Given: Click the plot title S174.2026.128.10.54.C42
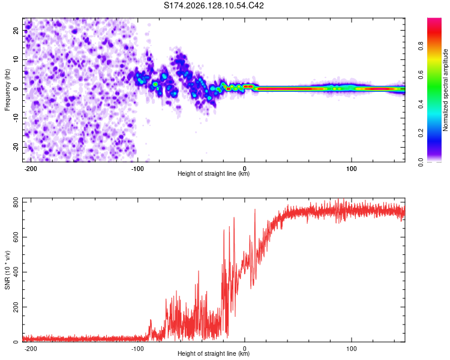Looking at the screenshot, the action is [214, 5].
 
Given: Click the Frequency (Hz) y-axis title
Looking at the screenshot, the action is [7, 90].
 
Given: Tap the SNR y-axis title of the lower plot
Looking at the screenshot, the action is [7, 270].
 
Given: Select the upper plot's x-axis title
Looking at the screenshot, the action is [214, 173].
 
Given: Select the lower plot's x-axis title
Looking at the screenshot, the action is [214, 353].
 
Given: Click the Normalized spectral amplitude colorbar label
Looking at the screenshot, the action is [445, 90].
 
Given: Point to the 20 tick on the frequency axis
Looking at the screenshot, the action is [16, 31].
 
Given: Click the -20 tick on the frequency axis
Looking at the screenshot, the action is [16, 148].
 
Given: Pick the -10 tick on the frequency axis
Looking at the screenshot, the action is [16, 118].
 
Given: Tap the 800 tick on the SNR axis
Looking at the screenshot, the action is [16, 202].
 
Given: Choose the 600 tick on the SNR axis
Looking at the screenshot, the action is [16, 237].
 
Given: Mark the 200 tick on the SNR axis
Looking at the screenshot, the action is [16, 307].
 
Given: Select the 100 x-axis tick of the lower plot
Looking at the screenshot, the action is [351, 349].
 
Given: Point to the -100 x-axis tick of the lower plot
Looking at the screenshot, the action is [137, 349].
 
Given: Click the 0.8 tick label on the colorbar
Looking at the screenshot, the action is [421, 46].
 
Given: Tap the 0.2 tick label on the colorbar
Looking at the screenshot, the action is [421, 133].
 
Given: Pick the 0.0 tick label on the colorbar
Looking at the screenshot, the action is [421, 162].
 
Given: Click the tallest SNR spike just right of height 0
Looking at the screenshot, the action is [255, 210].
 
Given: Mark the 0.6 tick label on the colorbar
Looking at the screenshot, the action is [421, 75].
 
